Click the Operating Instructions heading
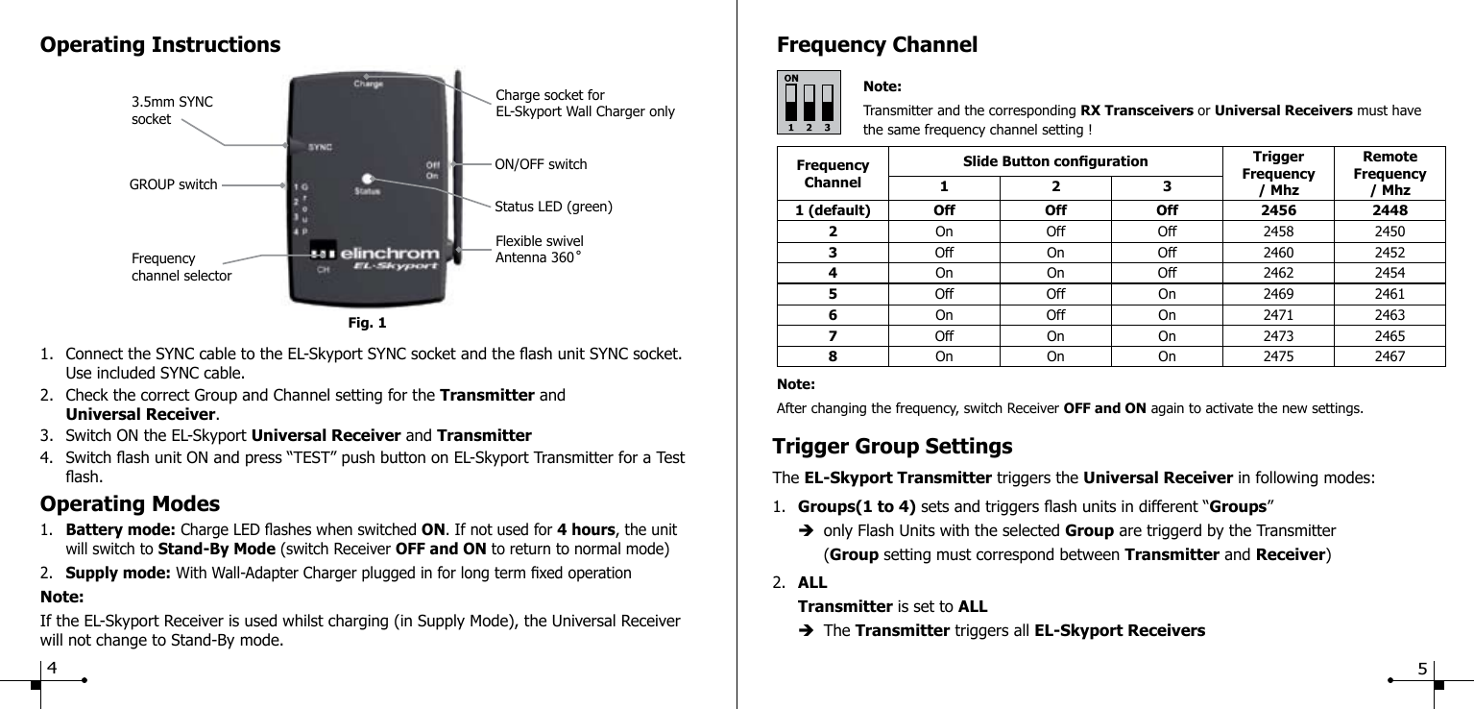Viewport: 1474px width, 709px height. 160,45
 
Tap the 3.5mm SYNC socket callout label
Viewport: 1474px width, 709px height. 172,110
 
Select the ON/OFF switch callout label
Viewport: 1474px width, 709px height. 541,164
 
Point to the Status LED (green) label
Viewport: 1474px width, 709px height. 553,206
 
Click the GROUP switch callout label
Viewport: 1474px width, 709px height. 173,184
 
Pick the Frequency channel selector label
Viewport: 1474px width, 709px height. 181,267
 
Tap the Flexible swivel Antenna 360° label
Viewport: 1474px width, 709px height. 539,250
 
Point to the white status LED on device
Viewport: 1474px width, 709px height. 367,179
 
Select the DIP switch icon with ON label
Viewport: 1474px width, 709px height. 808,102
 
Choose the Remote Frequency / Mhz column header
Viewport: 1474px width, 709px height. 1389,174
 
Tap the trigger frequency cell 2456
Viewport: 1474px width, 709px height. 1277,210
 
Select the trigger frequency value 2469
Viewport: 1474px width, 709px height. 1277,294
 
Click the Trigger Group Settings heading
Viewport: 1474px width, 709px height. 893,447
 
